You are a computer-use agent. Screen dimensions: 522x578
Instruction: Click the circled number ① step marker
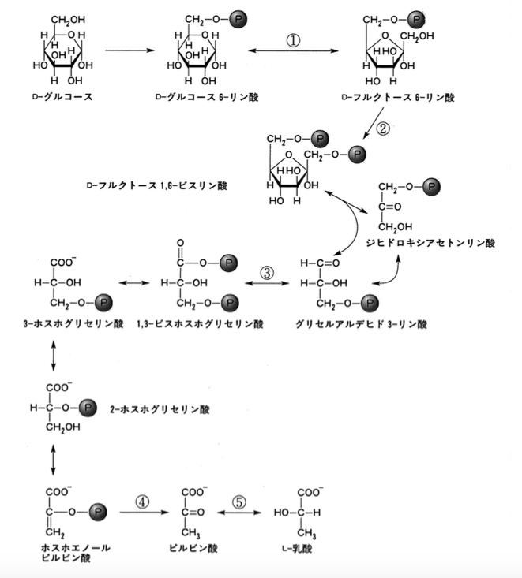pos(294,40)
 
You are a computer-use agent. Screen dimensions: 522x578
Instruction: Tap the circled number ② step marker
pos(383,129)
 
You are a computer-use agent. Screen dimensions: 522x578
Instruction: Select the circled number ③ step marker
pos(267,273)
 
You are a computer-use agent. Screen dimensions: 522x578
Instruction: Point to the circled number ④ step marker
pos(142,502)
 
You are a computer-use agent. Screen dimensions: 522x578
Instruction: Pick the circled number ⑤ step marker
pos(239,502)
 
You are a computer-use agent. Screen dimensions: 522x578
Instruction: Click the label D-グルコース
pos(62,97)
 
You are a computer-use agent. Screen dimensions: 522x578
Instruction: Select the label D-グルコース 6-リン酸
pos(207,97)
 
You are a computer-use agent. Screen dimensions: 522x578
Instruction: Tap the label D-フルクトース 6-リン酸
pos(398,97)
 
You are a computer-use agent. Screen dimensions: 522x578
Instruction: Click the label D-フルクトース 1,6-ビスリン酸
pos(157,185)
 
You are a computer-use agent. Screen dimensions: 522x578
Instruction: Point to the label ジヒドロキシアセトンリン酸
pos(430,243)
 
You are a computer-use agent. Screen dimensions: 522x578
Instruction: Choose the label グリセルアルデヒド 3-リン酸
pos(362,324)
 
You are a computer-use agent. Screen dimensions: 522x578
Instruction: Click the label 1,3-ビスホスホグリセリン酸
pos(200,324)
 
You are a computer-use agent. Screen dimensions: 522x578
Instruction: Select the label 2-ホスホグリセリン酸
pos(160,409)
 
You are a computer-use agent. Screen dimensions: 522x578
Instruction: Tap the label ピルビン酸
pos(193,548)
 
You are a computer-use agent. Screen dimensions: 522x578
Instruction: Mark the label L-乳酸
pos(297,549)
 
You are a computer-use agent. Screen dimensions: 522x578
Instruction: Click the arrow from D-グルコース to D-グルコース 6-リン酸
pos(130,50)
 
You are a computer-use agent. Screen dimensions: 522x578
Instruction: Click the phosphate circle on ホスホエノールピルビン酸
pos(98,512)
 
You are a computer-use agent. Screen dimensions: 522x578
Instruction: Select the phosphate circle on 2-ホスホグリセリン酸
pos(88,408)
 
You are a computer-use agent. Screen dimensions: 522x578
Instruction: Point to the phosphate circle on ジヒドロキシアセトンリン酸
pos(431,187)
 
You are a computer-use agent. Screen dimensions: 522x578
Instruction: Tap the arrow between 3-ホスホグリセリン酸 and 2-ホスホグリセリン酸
pos(54,356)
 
